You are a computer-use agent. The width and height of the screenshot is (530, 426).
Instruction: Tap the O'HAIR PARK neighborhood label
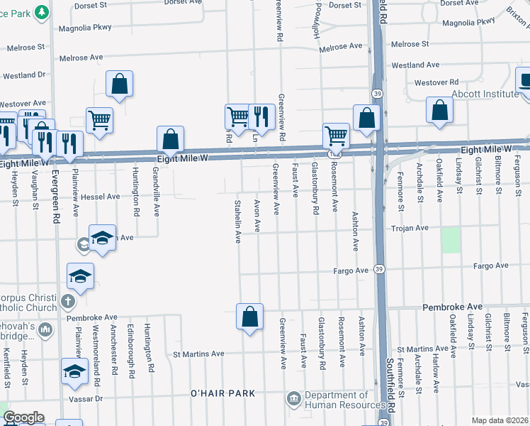point(222,393)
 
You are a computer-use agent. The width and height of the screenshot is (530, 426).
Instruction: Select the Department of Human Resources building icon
point(293,400)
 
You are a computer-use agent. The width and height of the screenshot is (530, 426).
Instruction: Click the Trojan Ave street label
point(412,228)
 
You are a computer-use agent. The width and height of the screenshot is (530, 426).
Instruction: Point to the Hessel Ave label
point(99,197)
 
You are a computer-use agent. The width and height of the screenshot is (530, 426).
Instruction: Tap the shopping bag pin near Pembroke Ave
point(249,317)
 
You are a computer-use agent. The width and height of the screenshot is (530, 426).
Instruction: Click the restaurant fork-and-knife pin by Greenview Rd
point(261,117)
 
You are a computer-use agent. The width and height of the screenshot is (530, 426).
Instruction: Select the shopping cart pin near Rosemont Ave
point(335,136)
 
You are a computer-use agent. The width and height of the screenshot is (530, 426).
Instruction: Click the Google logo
point(23,417)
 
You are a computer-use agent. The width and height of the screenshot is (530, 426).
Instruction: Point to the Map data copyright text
point(500,420)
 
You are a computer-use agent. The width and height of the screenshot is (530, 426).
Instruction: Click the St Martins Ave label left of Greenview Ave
point(198,354)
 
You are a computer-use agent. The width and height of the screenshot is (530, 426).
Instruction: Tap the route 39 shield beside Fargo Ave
point(380,269)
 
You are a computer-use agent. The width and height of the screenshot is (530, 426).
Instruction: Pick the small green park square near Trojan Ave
point(451,240)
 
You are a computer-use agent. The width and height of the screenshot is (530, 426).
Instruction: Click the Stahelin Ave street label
point(238,221)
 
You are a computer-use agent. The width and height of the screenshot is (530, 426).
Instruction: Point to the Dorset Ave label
point(456,4)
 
